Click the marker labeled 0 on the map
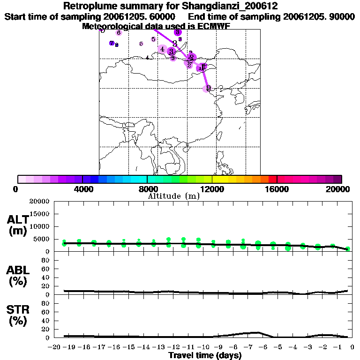(208, 88)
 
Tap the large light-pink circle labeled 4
(162, 49)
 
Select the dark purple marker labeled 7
(112, 43)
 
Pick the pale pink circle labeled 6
(119, 33)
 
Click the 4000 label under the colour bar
(82, 189)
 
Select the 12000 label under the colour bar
(212, 189)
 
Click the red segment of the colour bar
(272, 179)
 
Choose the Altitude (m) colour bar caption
(173, 196)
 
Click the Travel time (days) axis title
(205, 355)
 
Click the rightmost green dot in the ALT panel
(347, 249)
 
